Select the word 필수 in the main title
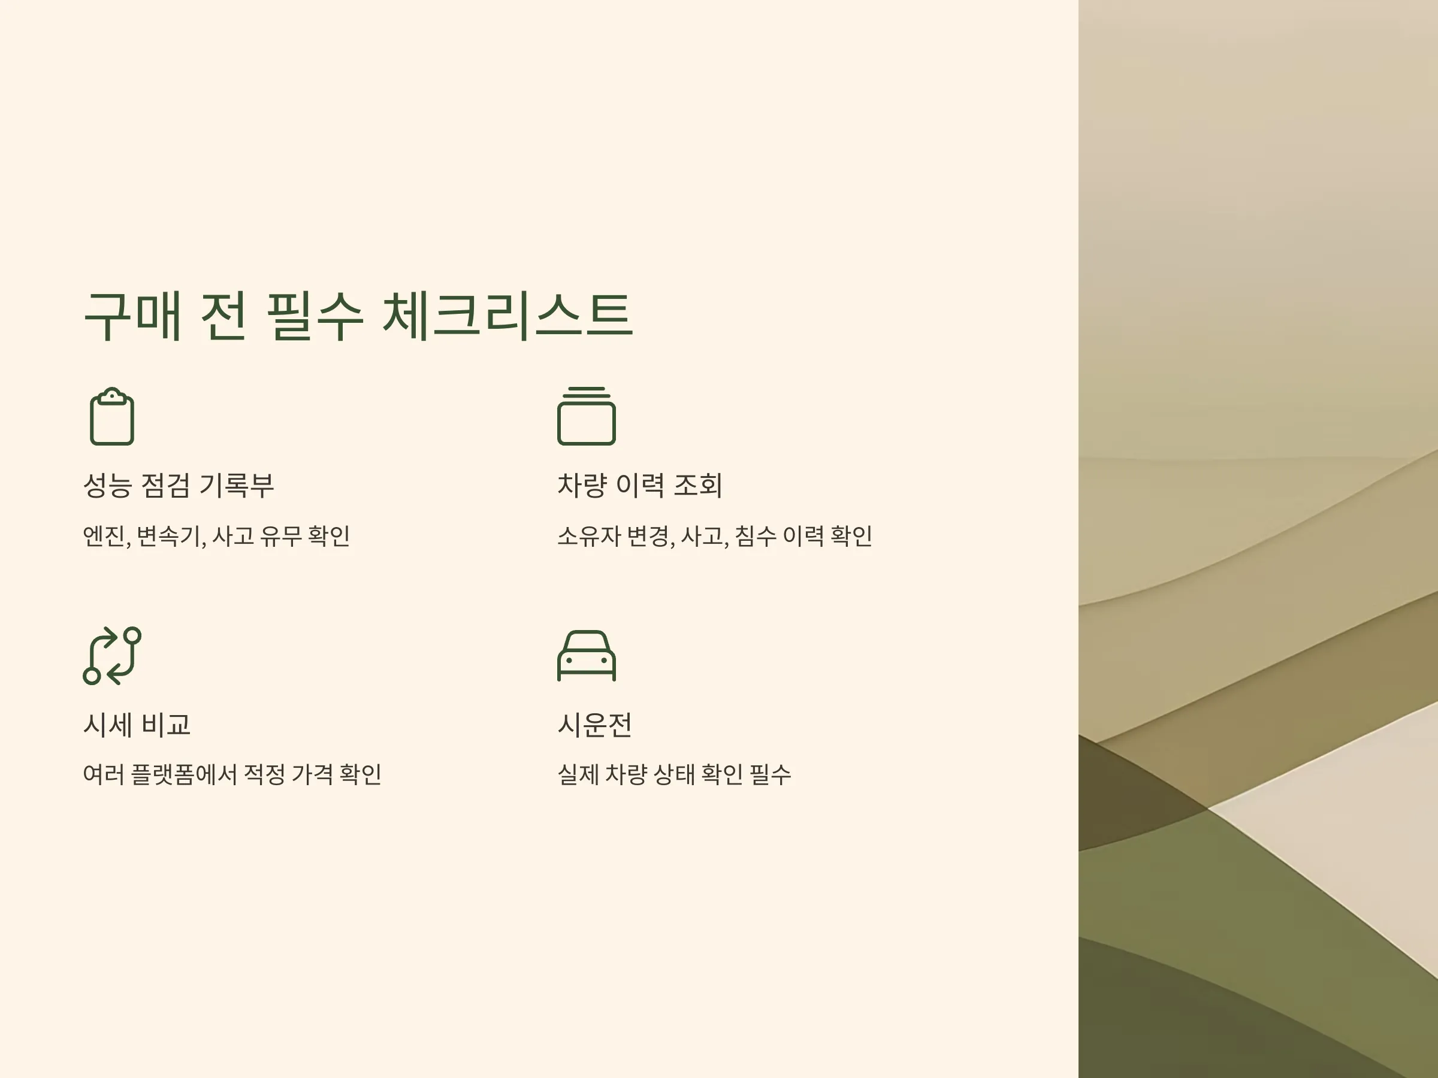click(x=315, y=316)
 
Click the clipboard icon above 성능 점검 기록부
click(x=112, y=416)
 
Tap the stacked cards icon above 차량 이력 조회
click(x=587, y=416)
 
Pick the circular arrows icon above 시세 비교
click(x=112, y=656)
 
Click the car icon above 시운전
click(x=587, y=656)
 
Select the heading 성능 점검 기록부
click(x=179, y=485)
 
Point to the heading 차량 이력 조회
click(x=640, y=485)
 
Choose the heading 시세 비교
click(x=137, y=725)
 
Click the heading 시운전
click(x=595, y=725)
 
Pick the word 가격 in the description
click(x=312, y=774)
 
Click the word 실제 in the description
click(x=578, y=774)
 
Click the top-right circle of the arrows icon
click(x=132, y=635)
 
